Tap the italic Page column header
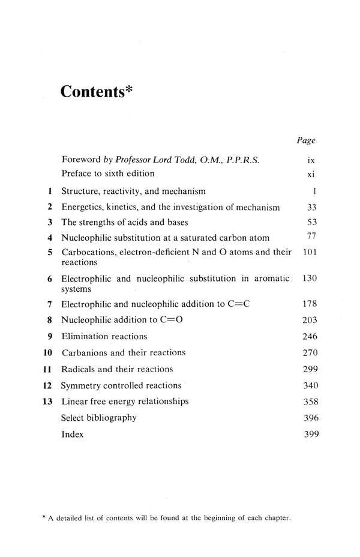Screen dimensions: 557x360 [x=306, y=140]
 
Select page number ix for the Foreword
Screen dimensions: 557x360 [x=310, y=160]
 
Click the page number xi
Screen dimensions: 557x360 [x=310, y=174]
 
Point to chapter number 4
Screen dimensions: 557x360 [x=50, y=238]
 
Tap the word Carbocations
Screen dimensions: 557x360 [x=88, y=253]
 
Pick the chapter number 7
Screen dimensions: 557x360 [x=50, y=305]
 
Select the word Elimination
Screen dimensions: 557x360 [x=83, y=336]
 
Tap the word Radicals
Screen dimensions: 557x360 [x=79, y=369]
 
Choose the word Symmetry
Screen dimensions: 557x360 [x=82, y=385]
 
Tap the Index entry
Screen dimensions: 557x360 [x=73, y=433]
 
